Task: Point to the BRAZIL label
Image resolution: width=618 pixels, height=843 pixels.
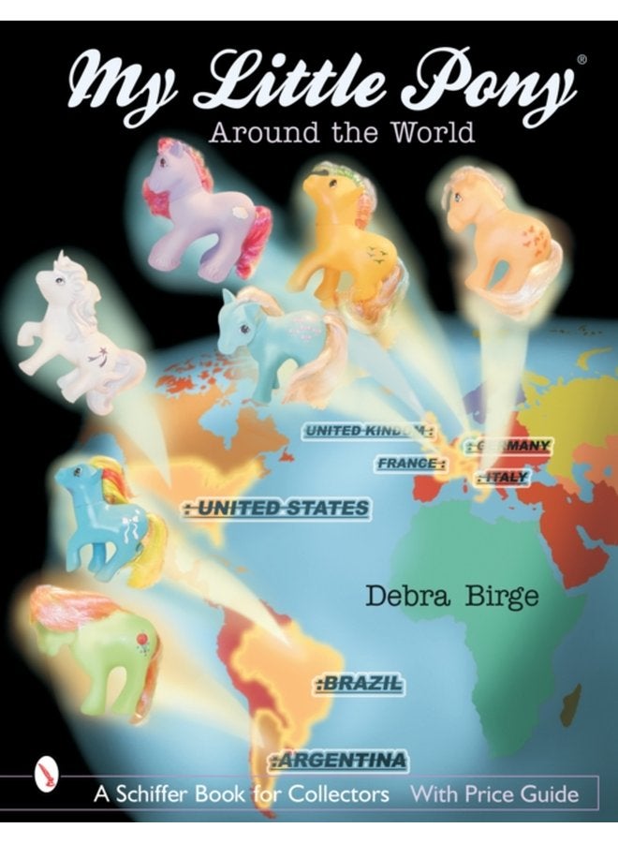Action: [360, 685]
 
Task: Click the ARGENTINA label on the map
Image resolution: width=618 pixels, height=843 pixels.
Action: [338, 759]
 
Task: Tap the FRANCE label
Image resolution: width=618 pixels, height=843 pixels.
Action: [410, 463]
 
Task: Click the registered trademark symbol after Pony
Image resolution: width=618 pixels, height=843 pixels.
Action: [582, 57]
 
